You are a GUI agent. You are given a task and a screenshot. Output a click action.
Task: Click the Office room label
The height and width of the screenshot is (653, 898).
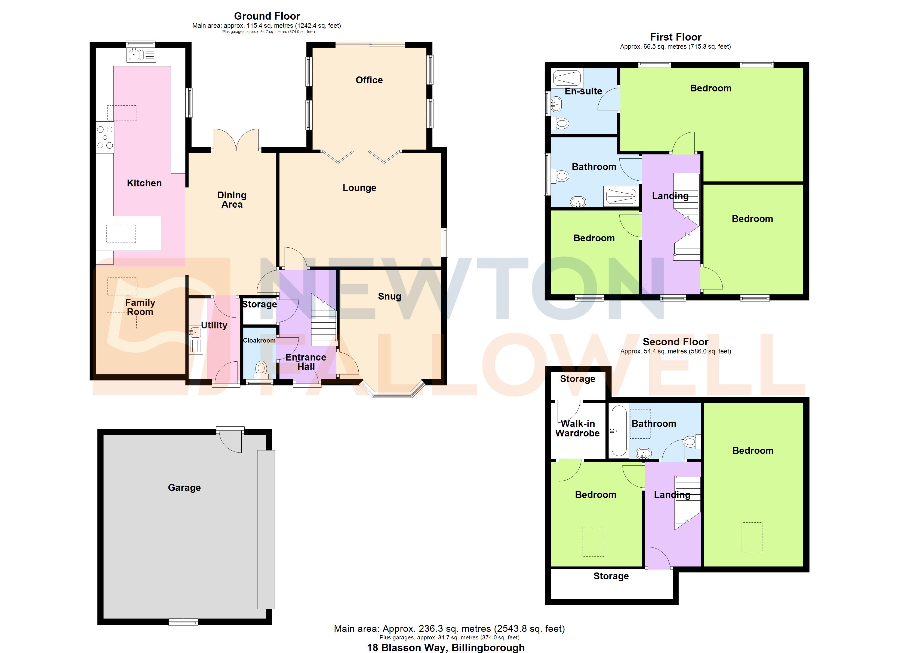(x=369, y=80)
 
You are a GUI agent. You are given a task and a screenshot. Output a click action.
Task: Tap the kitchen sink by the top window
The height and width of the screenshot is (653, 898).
(x=141, y=55)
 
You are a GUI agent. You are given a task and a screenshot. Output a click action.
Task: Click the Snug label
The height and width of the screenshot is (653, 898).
(x=389, y=297)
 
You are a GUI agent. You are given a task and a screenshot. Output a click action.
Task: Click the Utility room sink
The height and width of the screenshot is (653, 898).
(x=195, y=332)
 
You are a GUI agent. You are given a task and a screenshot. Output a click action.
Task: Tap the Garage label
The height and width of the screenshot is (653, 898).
(x=184, y=488)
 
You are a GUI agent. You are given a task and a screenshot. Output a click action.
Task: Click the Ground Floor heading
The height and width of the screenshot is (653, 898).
(x=267, y=16)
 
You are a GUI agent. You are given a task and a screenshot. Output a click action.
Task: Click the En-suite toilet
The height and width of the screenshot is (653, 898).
(x=561, y=124)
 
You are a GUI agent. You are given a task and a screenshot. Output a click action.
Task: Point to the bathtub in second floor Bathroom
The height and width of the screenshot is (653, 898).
(x=619, y=431)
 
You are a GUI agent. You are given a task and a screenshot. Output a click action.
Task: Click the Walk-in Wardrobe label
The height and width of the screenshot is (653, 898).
(x=577, y=429)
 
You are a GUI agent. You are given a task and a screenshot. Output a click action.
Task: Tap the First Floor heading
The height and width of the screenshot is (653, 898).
(x=675, y=37)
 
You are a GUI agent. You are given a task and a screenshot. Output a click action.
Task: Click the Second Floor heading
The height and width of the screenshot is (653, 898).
(x=675, y=342)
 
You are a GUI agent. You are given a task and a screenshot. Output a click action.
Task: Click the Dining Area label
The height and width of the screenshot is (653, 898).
(x=232, y=200)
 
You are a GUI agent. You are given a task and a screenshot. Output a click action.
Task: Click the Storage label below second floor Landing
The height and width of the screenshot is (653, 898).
(x=611, y=576)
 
